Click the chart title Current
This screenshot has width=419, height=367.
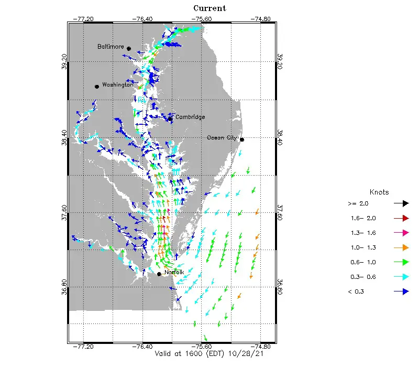[x=210, y=8]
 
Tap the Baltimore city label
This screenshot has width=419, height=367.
[x=111, y=47]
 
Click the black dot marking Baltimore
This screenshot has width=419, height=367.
[x=128, y=48]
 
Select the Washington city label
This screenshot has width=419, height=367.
[x=117, y=84]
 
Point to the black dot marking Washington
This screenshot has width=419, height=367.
[x=97, y=86]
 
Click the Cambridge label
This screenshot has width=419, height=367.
[x=190, y=117]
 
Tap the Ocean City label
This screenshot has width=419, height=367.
[x=222, y=137]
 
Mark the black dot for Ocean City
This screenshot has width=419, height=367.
[x=241, y=139]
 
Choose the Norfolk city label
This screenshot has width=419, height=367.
[x=174, y=272]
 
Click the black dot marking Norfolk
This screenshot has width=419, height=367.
[x=159, y=274]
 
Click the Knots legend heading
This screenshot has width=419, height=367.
[x=379, y=192]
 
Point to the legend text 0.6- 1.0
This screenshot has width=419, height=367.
[x=361, y=262]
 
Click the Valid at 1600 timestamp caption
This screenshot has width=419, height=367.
[x=209, y=354]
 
